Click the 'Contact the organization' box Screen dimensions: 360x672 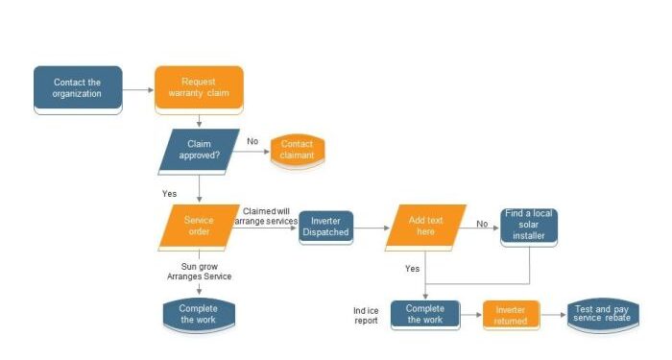click(78, 89)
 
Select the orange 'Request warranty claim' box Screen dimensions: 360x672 click(199, 89)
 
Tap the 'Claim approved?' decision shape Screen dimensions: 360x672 click(199, 150)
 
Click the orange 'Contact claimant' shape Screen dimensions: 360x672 click(297, 150)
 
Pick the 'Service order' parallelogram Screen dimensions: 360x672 click(199, 227)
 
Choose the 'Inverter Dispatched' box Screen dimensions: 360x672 click(325, 228)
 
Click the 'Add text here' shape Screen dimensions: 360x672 click(425, 227)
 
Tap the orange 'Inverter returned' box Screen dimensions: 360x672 click(510, 316)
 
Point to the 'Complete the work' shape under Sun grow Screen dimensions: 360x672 click(199, 314)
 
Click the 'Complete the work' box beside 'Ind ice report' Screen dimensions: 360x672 click(424, 314)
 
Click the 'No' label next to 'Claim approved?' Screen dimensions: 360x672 click(252, 141)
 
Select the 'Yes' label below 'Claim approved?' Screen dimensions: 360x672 click(169, 193)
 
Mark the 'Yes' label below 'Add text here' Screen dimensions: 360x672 click(412, 269)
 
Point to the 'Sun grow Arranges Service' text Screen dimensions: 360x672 click(198, 271)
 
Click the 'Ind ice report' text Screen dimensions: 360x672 click(365, 315)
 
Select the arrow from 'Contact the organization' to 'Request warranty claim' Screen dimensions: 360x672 click(138, 89)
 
